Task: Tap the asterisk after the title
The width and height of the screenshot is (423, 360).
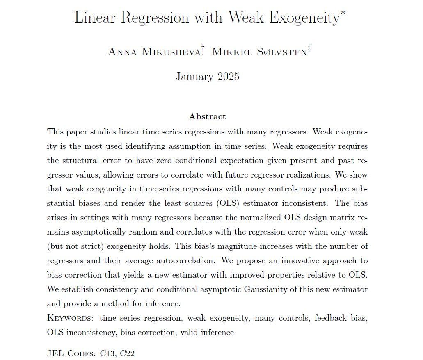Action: tap(343, 14)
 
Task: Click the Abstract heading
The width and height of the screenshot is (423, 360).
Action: tap(207, 116)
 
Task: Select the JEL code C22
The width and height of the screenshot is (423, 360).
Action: tap(127, 353)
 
